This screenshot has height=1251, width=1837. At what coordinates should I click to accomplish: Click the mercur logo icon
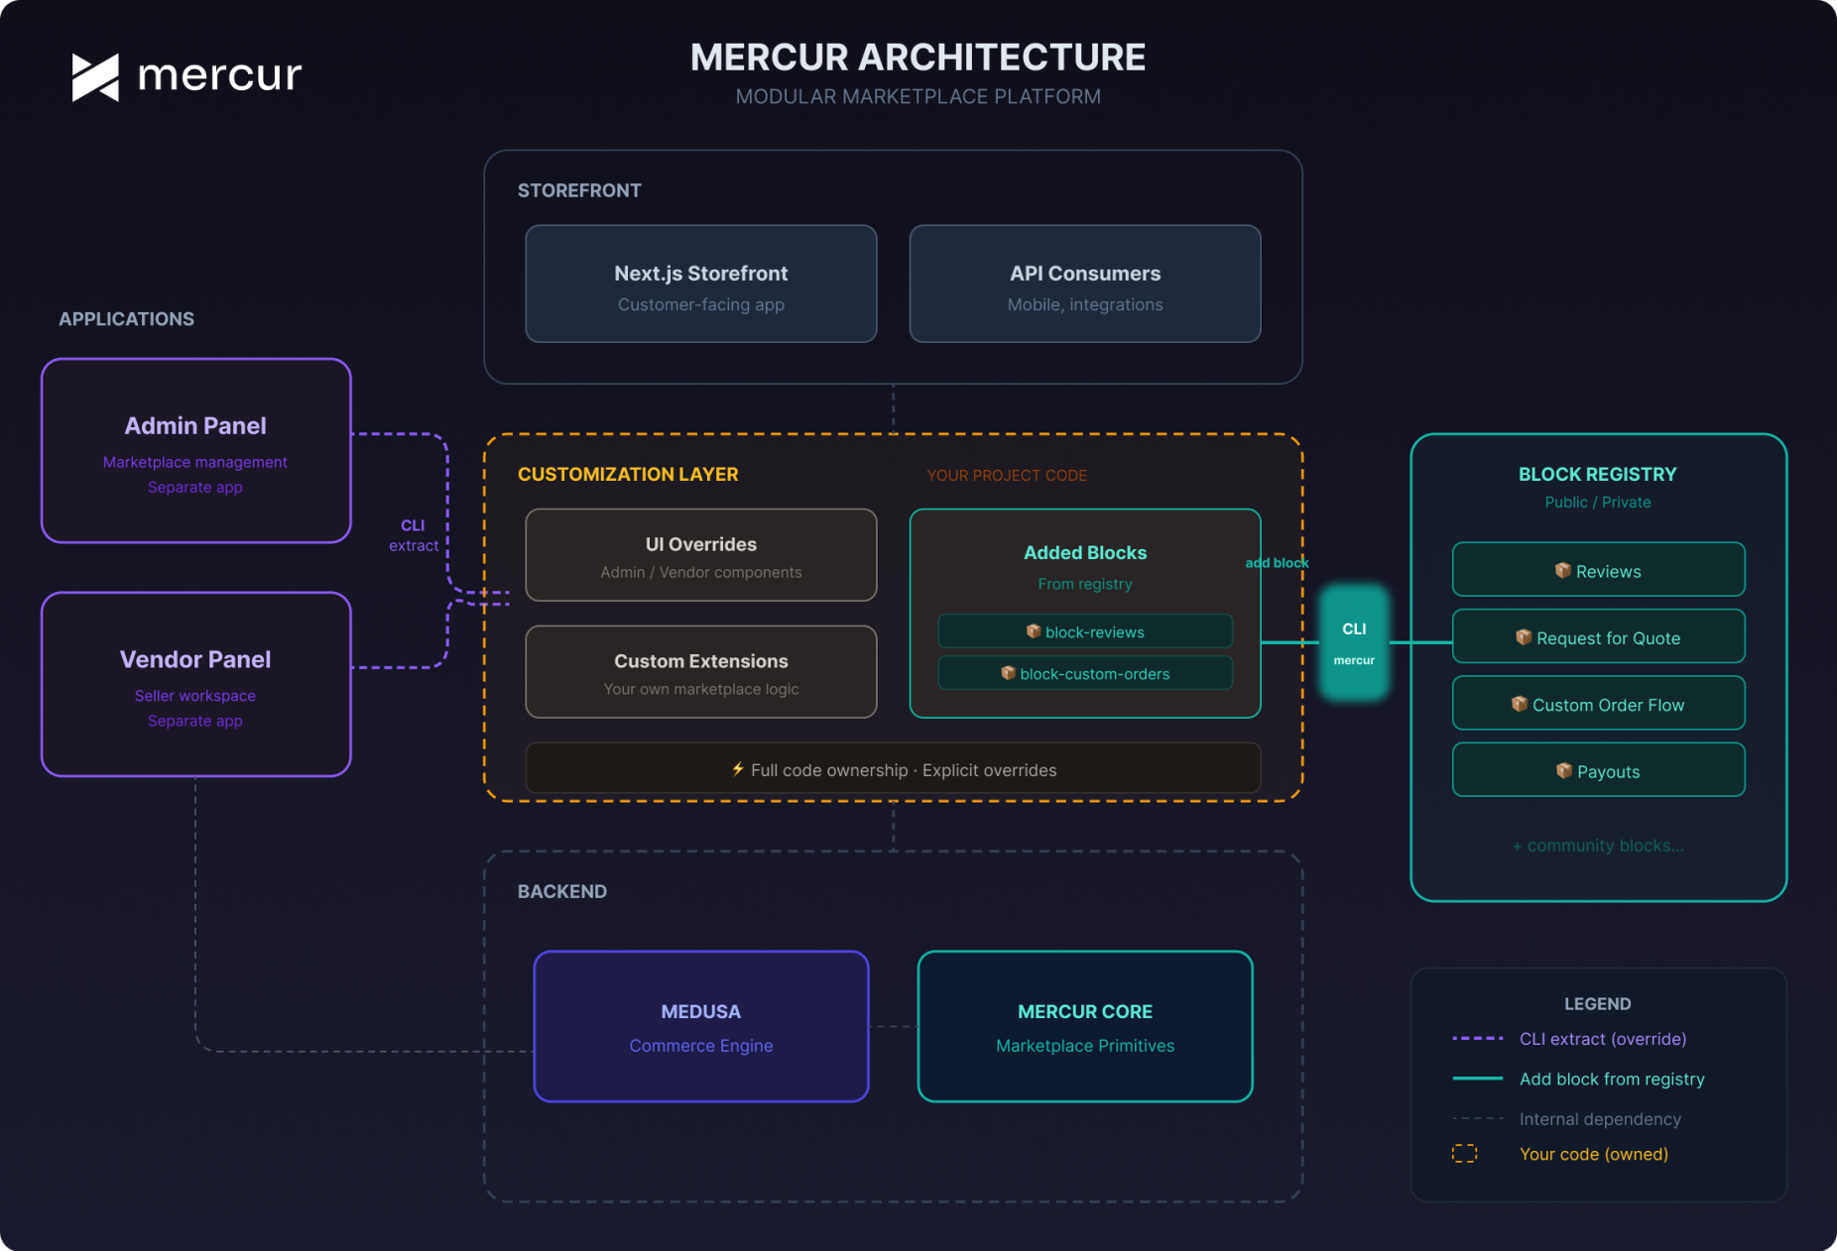tap(95, 77)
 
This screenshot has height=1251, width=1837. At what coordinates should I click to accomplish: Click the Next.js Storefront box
tap(700, 284)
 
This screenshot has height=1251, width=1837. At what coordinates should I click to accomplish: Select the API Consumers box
tap(1084, 284)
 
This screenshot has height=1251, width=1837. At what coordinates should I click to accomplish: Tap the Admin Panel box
tap(195, 451)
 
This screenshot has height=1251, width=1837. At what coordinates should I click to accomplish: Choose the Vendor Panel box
tap(195, 684)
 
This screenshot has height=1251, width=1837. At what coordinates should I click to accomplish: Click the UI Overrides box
tap(700, 555)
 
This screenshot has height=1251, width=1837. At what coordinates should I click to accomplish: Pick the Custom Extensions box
tap(700, 672)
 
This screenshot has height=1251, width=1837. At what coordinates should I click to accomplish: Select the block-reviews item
tap(1084, 631)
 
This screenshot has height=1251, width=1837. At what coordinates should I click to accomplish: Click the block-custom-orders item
tap(1084, 673)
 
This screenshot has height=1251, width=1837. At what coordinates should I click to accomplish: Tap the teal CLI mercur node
tap(1354, 642)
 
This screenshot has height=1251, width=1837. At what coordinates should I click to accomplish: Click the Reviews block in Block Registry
tap(1598, 570)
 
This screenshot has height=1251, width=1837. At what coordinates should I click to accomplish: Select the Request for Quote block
tap(1598, 637)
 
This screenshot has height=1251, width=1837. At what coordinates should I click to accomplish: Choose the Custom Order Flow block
tap(1598, 704)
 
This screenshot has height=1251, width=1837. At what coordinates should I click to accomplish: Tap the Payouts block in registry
tap(1598, 770)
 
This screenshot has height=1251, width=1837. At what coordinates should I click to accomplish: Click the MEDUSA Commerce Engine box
tap(700, 1027)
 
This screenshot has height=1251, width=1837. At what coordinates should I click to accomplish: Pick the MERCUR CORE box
tap(1084, 1027)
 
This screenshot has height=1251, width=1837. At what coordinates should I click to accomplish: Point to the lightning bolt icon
tap(738, 769)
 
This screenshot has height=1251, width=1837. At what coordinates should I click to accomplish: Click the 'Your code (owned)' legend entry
tap(1593, 1154)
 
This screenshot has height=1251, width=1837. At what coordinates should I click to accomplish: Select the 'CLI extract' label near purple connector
tap(413, 535)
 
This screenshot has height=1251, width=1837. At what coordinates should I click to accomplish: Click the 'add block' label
tap(1277, 562)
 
